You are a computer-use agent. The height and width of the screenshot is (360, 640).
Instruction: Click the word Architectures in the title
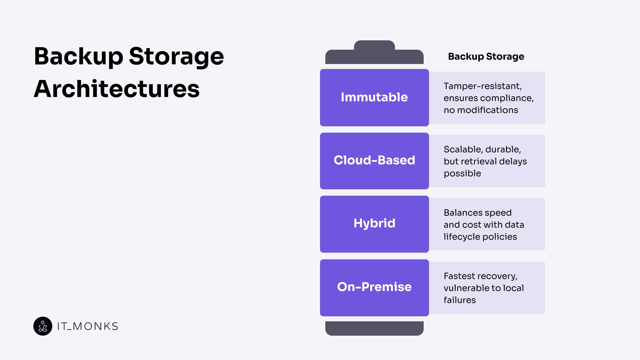[x=117, y=89]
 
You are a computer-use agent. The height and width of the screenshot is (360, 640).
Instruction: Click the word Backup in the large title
[x=79, y=56]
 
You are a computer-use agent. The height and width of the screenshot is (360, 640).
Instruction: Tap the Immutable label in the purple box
[x=374, y=97]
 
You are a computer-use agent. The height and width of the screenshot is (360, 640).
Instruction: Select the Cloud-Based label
[x=374, y=160]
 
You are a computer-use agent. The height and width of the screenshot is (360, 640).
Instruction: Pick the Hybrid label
[x=374, y=223]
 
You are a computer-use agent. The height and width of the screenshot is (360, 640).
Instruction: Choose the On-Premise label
[x=374, y=287]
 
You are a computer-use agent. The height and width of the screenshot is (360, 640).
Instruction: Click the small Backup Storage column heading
[x=486, y=57]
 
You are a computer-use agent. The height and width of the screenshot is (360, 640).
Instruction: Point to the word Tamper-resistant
[x=482, y=86]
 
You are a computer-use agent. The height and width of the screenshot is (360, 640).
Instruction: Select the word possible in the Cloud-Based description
[x=462, y=173]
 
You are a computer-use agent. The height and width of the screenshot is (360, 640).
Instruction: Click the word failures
[x=459, y=300]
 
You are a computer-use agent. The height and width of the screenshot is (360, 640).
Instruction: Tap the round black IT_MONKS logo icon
[x=43, y=326]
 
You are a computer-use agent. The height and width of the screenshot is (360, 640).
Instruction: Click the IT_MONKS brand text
[x=88, y=326]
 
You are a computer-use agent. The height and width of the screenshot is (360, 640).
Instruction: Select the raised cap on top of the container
[x=374, y=46]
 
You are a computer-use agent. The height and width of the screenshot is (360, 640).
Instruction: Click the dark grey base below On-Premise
[x=374, y=328]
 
